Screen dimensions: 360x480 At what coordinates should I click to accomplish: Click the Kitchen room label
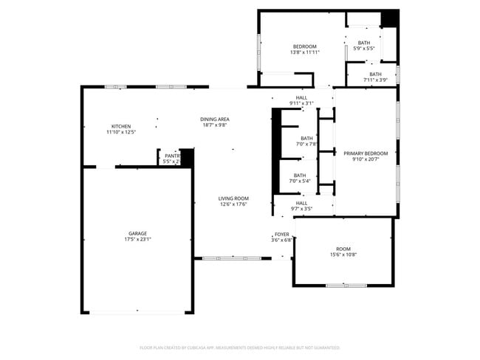121,126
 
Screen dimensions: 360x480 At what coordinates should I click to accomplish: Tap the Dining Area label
214,120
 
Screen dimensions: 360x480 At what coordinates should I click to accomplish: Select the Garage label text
138,233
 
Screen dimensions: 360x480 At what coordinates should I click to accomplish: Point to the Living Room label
233,198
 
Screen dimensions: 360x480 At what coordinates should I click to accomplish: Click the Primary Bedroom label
366,153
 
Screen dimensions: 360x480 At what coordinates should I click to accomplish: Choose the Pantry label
171,156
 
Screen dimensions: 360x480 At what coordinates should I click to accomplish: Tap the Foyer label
281,234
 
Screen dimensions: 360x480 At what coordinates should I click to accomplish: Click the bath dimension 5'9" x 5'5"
364,49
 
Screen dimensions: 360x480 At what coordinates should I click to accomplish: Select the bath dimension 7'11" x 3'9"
375,80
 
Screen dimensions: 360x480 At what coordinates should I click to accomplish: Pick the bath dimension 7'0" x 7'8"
306,145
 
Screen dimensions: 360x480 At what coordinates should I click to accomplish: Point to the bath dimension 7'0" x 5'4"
300,181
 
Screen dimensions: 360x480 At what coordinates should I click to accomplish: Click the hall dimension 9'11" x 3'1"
301,103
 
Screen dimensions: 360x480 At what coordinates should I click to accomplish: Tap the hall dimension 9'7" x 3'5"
301,209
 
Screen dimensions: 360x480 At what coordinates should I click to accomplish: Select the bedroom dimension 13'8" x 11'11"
304,52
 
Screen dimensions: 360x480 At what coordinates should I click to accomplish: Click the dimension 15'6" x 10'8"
343,255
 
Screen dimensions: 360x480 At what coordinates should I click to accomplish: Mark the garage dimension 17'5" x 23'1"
138,240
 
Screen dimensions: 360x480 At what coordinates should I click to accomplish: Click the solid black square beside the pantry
187,157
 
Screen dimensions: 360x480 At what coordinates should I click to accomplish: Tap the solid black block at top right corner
390,18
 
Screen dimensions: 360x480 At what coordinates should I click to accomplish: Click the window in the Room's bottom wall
346,285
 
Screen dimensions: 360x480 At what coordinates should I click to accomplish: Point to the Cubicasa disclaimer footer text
239,347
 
